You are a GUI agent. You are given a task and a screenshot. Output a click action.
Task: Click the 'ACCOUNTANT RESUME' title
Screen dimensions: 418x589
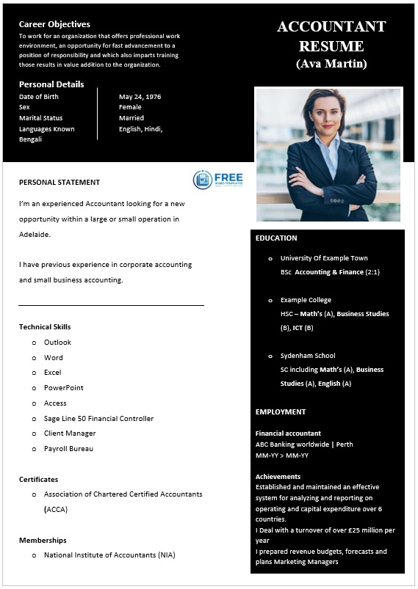point(331,36)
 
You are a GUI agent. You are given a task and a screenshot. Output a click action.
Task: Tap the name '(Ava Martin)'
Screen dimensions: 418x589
point(331,64)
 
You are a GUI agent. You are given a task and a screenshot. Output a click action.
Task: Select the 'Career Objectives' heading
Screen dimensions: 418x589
point(54,24)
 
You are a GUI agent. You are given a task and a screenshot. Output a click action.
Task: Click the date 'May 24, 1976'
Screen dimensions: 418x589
point(140,97)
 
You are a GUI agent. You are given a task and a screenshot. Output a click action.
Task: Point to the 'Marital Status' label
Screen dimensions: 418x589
point(40,118)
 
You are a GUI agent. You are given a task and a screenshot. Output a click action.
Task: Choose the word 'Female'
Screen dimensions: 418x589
point(130,107)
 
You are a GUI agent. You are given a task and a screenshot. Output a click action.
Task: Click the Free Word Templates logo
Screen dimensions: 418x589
point(217,180)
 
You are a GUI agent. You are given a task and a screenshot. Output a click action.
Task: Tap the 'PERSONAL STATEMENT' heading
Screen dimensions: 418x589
point(60,183)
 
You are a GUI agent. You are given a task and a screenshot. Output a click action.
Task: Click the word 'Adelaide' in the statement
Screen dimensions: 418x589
point(35,235)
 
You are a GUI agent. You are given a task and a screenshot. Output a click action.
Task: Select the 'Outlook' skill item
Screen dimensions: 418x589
point(57,343)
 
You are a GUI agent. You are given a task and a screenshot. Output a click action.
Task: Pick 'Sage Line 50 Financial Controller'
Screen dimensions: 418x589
point(98,419)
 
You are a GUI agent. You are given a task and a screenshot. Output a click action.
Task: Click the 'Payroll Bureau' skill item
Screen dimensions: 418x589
point(68,449)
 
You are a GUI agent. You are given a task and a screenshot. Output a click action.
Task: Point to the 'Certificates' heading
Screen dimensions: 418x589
point(38,480)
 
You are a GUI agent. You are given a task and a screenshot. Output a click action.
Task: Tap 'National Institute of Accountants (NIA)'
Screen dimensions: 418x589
point(109,555)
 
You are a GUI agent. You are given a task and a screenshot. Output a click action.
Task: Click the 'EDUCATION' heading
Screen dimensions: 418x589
point(276,238)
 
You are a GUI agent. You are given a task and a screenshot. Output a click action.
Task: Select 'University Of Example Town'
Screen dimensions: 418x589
point(324,258)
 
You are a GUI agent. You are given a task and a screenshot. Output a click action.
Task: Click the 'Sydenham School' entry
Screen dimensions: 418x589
point(307,356)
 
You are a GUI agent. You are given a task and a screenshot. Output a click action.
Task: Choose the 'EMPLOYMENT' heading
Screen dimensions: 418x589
point(281,412)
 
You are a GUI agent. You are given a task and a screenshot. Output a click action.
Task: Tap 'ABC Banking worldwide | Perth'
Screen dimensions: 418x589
point(303,445)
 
